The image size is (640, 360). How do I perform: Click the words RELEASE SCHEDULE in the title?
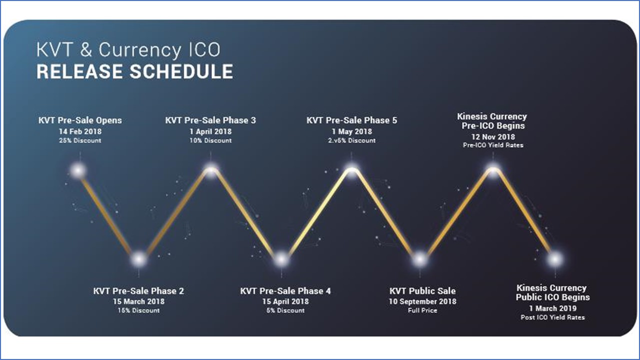click(134, 71)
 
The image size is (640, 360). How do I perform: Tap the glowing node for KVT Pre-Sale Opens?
click(78, 171)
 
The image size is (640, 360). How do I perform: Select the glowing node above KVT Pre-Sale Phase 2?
click(139, 259)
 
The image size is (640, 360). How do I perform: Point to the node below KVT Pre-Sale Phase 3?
click(211, 170)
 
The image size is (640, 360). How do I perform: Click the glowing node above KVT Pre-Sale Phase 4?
click(281, 259)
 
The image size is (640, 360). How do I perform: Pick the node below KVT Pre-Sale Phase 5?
click(351, 170)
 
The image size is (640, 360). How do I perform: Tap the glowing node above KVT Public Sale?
click(419, 259)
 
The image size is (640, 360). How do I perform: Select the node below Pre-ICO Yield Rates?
click(493, 170)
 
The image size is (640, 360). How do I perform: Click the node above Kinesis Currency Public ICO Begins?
click(555, 259)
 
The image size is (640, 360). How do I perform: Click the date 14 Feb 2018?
click(80, 131)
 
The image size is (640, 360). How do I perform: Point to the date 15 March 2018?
click(138, 301)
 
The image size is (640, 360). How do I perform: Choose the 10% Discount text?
click(210, 140)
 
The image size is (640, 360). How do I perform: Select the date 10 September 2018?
click(422, 301)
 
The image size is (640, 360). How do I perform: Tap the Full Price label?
click(422, 310)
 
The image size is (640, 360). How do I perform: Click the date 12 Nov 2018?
click(493, 137)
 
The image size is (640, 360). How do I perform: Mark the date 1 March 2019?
click(553, 308)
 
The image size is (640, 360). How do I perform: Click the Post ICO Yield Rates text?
click(553, 317)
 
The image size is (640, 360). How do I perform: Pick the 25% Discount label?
click(80, 140)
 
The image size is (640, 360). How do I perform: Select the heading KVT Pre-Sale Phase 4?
click(285, 291)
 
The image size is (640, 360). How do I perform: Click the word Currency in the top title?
click(139, 50)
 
